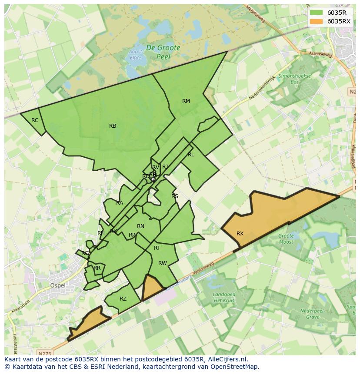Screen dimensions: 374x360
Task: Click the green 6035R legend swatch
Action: point(316,13)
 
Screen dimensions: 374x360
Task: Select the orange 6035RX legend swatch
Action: point(316,21)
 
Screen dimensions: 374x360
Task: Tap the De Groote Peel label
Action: point(163,52)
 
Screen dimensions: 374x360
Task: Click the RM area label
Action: point(186,101)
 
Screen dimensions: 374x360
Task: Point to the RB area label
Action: point(113,126)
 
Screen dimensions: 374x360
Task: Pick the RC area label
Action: point(35,120)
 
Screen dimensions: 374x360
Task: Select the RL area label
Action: point(191,155)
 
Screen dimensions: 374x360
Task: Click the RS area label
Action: point(175,196)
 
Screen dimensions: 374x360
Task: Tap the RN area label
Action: point(140,226)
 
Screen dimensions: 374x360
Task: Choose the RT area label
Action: point(157,248)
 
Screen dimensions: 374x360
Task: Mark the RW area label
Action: point(163,263)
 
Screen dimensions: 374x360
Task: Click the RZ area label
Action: point(123,299)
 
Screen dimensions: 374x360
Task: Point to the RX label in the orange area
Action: point(240,234)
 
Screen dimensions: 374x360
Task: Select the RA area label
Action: point(120,203)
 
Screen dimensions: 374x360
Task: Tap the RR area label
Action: point(97,268)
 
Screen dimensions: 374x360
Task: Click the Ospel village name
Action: point(58,285)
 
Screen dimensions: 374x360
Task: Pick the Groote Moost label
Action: point(286,239)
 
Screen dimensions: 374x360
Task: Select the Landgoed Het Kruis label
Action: point(224,298)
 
